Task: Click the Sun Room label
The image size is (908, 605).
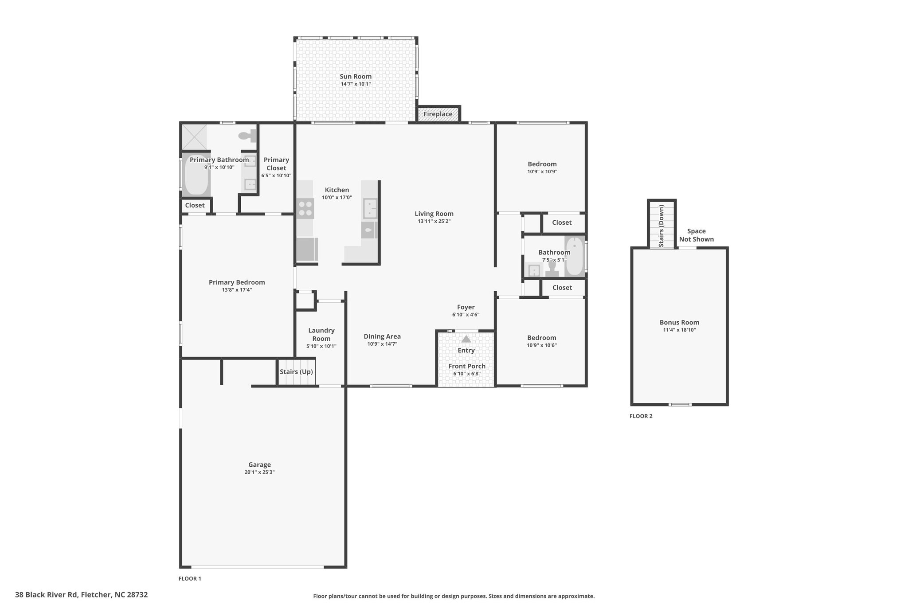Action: pyautogui.click(x=356, y=77)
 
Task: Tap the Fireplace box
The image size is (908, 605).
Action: pyautogui.click(x=438, y=114)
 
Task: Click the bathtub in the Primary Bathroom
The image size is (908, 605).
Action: pyautogui.click(x=196, y=175)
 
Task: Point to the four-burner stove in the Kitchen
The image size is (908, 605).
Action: pyautogui.click(x=305, y=208)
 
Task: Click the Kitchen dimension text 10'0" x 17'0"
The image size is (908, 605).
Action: pyautogui.click(x=337, y=198)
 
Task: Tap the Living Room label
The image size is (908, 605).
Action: pyautogui.click(x=434, y=214)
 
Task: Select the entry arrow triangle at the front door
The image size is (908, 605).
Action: pyautogui.click(x=466, y=339)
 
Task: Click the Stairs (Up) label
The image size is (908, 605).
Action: pyautogui.click(x=296, y=372)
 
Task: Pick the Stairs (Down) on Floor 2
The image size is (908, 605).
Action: pyautogui.click(x=661, y=224)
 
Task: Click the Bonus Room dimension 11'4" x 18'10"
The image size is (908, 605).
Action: pyautogui.click(x=679, y=330)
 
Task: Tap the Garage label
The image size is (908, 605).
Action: pyautogui.click(x=259, y=465)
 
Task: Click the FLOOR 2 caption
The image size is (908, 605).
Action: pyautogui.click(x=641, y=416)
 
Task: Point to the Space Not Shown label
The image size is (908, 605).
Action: pyautogui.click(x=697, y=235)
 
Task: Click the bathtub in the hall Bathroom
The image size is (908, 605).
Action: pyautogui.click(x=575, y=256)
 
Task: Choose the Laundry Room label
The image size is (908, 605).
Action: pyautogui.click(x=321, y=335)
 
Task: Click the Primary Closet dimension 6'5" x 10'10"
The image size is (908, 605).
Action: pyautogui.click(x=276, y=176)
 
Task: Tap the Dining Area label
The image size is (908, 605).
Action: pyautogui.click(x=382, y=336)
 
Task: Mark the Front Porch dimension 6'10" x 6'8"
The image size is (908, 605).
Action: pyautogui.click(x=467, y=374)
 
